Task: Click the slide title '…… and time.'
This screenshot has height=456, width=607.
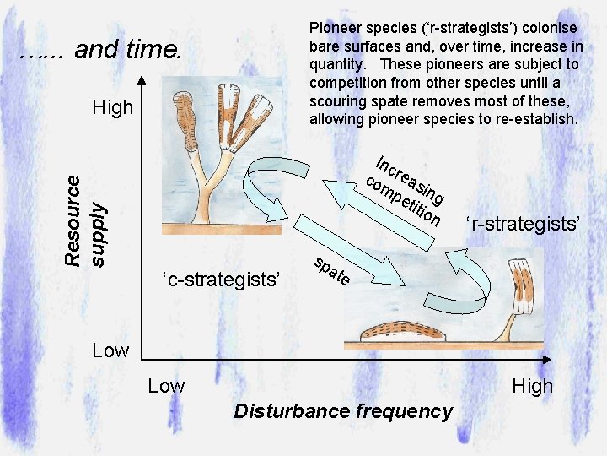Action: coord(100,51)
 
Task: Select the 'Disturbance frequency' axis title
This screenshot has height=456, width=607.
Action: coord(343,411)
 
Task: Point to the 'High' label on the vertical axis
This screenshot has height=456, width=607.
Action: coord(113,107)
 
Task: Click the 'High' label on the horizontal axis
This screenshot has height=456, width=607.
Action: coord(533,386)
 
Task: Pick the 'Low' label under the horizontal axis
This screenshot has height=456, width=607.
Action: coord(166,386)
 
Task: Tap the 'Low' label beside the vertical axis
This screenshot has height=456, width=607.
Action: coord(111,350)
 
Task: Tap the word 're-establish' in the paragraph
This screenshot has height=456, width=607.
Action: coord(536,119)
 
